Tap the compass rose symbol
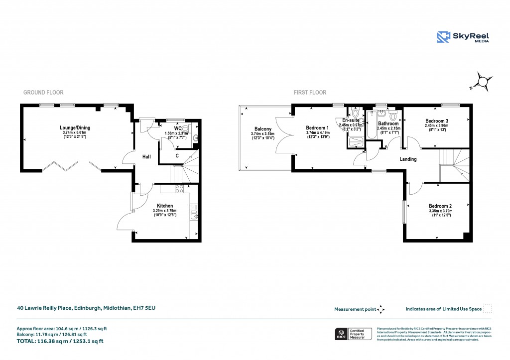[483, 81]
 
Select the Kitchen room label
[165, 206]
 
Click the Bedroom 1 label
[317, 128]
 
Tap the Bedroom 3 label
[437, 121]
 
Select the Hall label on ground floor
[146, 157]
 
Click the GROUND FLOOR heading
[43, 93]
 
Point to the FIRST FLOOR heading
[310, 93]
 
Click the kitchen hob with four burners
[179, 189]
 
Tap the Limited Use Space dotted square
[488, 309]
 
